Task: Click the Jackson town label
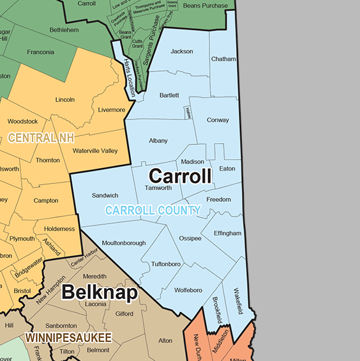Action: (x=182, y=52)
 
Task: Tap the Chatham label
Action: (x=223, y=59)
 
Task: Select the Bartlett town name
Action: (x=169, y=95)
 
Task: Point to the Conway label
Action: (x=218, y=120)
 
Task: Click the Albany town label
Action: (x=158, y=141)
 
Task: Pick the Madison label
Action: (x=193, y=162)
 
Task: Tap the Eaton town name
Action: (x=227, y=169)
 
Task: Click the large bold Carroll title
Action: (x=179, y=176)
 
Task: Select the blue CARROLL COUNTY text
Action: (x=153, y=210)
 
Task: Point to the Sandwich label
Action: (x=105, y=196)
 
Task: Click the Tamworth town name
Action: (x=158, y=188)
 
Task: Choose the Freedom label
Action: (x=218, y=199)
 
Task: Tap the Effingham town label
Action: (x=227, y=233)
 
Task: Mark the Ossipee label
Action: (x=190, y=238)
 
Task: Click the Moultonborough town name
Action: (x=123, y=243)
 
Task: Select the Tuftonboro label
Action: (x=165, y=264)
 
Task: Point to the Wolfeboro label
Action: (x=188, y=290)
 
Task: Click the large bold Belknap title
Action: (x=100, y=293)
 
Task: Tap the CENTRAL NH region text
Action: (x=41, y=137)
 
